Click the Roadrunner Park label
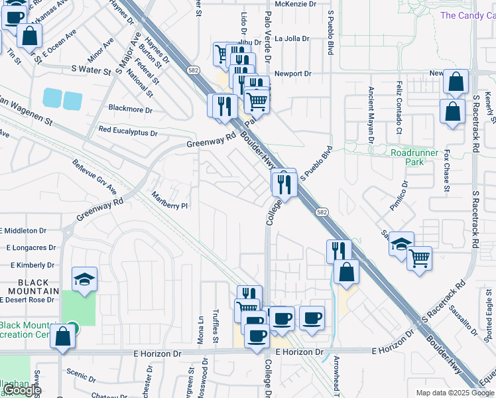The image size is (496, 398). tap(415, 157)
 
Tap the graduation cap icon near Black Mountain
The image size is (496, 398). tap(84, 280)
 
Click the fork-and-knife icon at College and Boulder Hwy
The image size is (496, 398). tap(284, 184)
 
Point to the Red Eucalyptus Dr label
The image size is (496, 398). tap(127, 131)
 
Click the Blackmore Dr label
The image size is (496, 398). tap(130, 109)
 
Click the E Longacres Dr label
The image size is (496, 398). tap(31, 247)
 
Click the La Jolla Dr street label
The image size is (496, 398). tap(292, 38)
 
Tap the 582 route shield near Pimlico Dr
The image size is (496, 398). tap(322, 212)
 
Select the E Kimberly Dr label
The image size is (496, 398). tap(27, 265)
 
